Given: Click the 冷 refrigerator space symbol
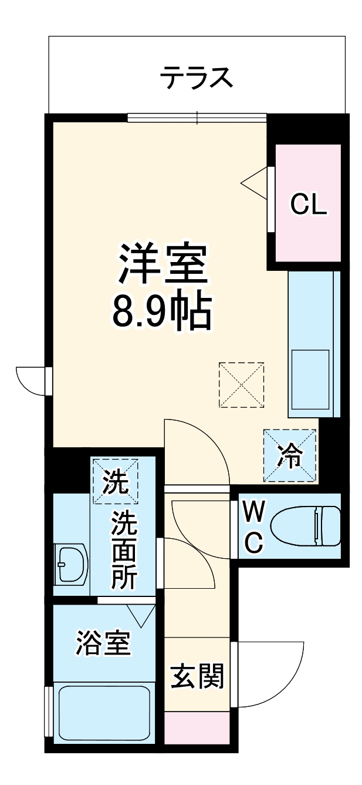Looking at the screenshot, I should pos(290,455).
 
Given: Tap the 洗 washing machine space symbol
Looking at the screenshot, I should pos(115,481).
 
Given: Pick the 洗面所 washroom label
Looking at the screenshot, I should pos(124,549).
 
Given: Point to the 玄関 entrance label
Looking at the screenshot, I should pos(197,677).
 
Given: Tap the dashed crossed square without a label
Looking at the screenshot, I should pos(242,384).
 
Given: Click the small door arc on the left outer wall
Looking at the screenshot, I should pos(32,380).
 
